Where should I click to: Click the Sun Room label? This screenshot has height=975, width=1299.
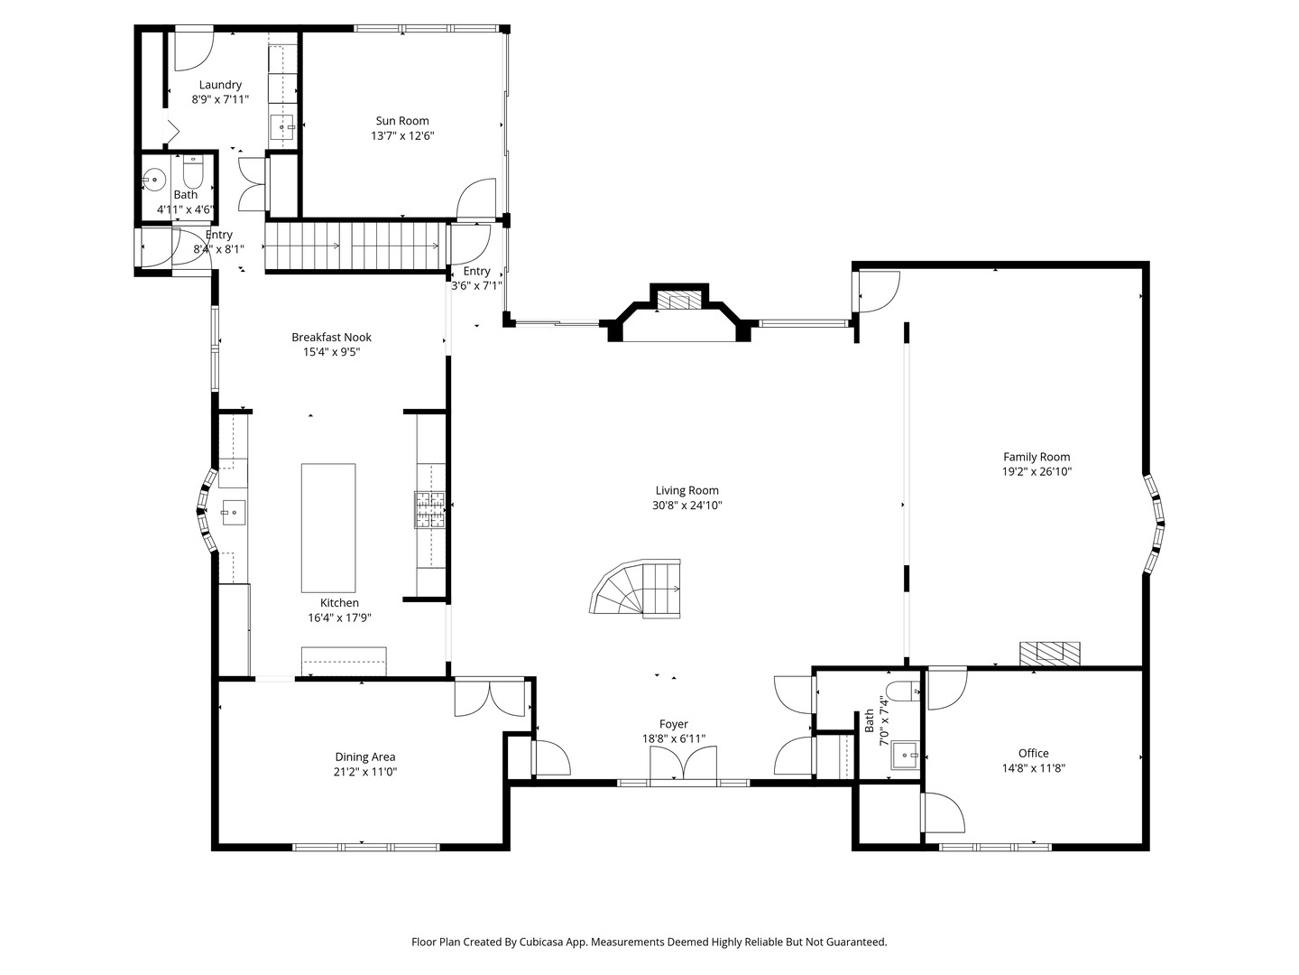click(402, 121)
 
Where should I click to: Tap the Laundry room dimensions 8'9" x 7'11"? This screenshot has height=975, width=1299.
click(220, 99)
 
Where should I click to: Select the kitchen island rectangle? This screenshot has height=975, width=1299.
click(328, 528)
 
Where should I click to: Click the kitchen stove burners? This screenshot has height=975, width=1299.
click(429, 509)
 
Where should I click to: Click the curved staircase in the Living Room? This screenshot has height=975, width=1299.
click(636, 589)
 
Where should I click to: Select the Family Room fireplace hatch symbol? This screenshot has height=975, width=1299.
click(1050, 654)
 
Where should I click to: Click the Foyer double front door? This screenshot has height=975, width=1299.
click(684, 764)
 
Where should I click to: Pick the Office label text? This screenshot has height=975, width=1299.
click(1033, 753)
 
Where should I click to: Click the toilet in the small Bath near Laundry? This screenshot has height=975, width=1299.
click(192, 172)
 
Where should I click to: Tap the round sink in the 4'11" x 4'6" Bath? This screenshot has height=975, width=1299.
click(154, 179)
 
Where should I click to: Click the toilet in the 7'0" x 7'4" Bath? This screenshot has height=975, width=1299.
click(903, 691)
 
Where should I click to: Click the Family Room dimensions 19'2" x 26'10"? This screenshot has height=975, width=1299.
click(1036, 472)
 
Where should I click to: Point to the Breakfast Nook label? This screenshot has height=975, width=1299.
click(331, 338)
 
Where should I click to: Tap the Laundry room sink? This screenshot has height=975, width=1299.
click(282, 127)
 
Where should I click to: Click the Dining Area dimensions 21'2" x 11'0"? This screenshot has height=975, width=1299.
click(365, 772)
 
